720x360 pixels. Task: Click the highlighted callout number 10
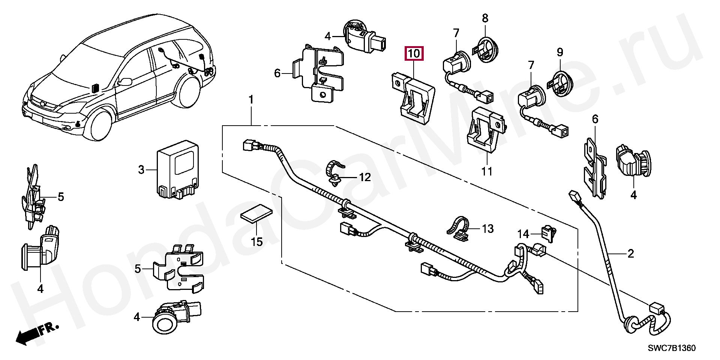click(414, 54)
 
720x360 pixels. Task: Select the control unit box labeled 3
click(177, 169)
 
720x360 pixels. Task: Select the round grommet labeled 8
click(486, 48)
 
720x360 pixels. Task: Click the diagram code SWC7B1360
click(672, 348)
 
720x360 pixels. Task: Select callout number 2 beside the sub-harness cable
click(630, 254)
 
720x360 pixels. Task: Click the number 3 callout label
click(141, 170)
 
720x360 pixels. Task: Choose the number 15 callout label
click(256, 242)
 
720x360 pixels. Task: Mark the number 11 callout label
click(487, 171)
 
